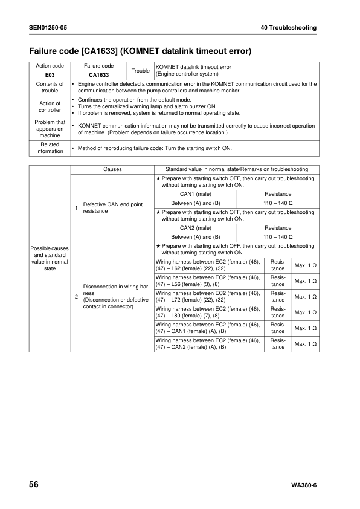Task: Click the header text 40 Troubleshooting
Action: pyautogui.click(x=289, y=28)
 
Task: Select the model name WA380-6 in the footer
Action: pyautogui.click(x=304, y=486)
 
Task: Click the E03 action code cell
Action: pyautogui.click(x=50, y=75)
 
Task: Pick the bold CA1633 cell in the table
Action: pyautogui.click(x=98, y=75)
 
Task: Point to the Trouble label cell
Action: pyautogui.click(x=141, y=71)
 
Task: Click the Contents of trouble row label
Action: pyautogui.click(x=50, y=87)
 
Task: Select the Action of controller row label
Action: pyautogui.click(x=50, y=106)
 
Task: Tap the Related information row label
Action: pyautogui.click(x=50, y=148)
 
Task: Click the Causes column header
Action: pyautogui.click(x=112, y=169)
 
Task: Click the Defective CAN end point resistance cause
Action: pyautogui.click(x=113, y=208)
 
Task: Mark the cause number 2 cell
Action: pyautogui.click(x=76, y=297)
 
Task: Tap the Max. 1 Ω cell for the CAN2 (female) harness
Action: pyautogui.click(x=305, y=344)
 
